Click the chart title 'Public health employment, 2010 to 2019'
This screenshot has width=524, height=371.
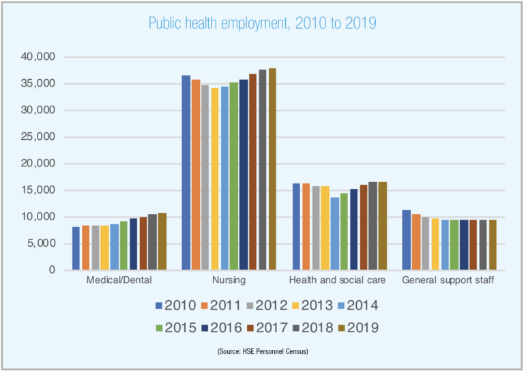click(x=262, y=23)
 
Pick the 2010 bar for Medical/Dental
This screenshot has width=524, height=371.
click(x=76, y=248)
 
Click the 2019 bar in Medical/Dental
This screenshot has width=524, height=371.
click(x=162, y=241)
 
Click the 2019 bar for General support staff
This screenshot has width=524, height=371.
click(x=492, y=245)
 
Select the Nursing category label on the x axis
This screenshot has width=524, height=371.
click(x=229, y=280)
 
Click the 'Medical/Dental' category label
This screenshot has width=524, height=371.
click(x=119, y=280)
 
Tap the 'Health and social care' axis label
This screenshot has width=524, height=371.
click(x=338, y=280)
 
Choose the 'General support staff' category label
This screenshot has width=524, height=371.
click(x=448, y=280)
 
